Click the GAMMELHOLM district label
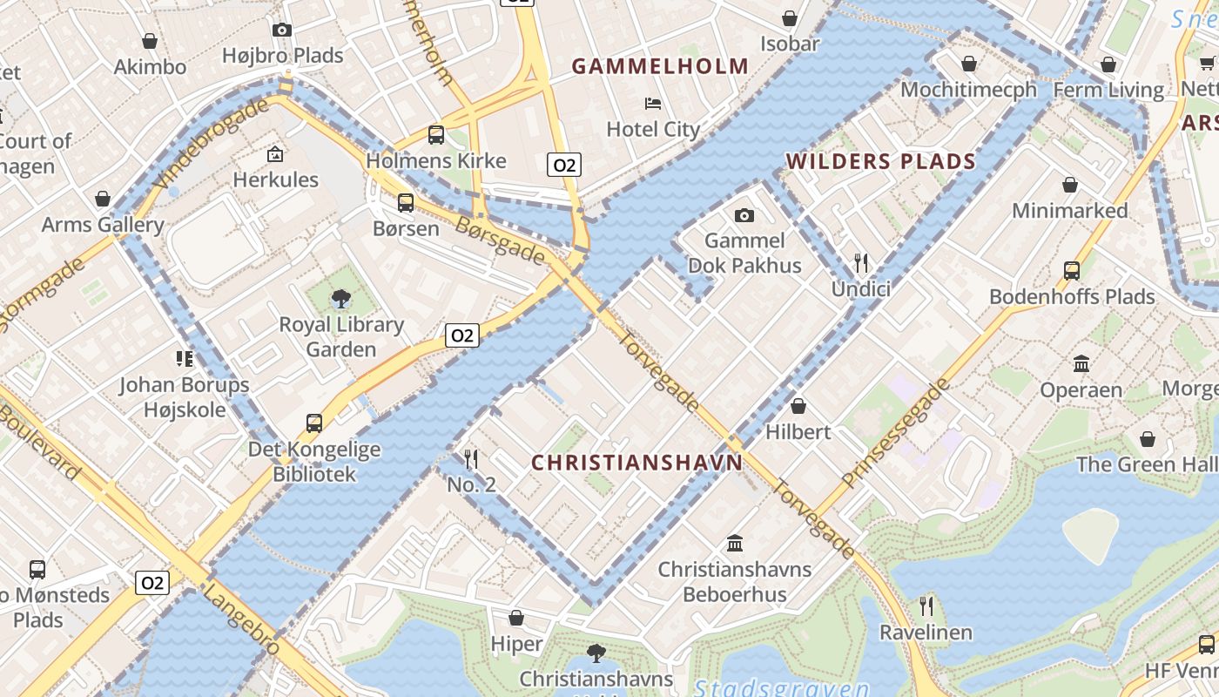[x=660, y=66]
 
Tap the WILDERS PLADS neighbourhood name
[x=880, y=161]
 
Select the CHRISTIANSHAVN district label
[x=636, y=463]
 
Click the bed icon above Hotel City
[x=653, y=104]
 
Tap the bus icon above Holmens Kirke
[x=436, y=135]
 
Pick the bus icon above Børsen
[x=406, y=203]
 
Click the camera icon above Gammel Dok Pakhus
[x=744, y=215]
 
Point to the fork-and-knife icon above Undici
[x=861, y=262]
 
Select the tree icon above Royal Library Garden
[x=341, y=300]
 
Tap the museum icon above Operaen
[x=1081, y=363]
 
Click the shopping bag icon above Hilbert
[x=798, y=406]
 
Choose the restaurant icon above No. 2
[x=471, y=458]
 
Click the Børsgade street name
[x=501, y=240]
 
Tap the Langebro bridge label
[x=241, y=619]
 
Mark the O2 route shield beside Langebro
[x=152, y=582]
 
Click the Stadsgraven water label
[x=779, y=688]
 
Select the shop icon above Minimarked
[x=1070, y=185]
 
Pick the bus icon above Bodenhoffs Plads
[x=1072, y=271]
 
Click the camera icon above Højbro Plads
[x=282, y=30]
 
